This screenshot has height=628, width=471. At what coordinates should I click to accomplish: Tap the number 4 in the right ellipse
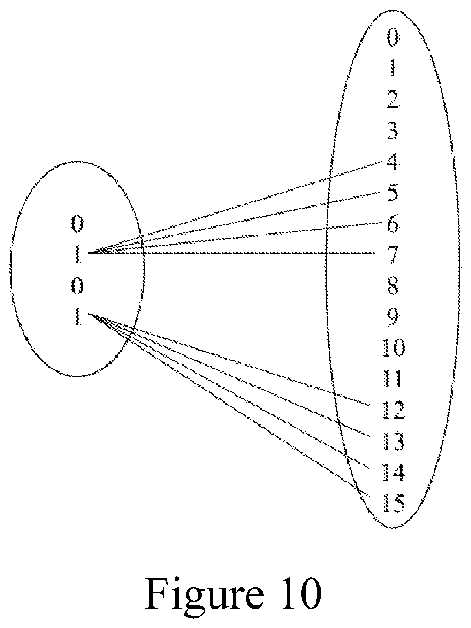pos(392,162)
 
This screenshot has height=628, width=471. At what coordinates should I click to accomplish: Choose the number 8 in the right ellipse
pos(393,287)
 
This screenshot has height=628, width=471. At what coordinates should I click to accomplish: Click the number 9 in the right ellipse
pos(393,317)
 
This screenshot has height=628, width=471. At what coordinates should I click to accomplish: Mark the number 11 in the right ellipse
pos(393,380)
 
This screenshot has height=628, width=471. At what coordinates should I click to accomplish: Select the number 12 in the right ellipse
pos(394,411)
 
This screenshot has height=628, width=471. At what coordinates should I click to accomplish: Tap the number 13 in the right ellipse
pos(394,441)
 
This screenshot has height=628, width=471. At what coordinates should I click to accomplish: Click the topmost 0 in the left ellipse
pos(77,224)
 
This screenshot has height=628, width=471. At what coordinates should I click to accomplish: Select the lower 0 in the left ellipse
pos(77,287)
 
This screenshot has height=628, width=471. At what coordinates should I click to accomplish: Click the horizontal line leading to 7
pos(232,253)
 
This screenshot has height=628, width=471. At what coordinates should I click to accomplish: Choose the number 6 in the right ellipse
pos(393,224)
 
